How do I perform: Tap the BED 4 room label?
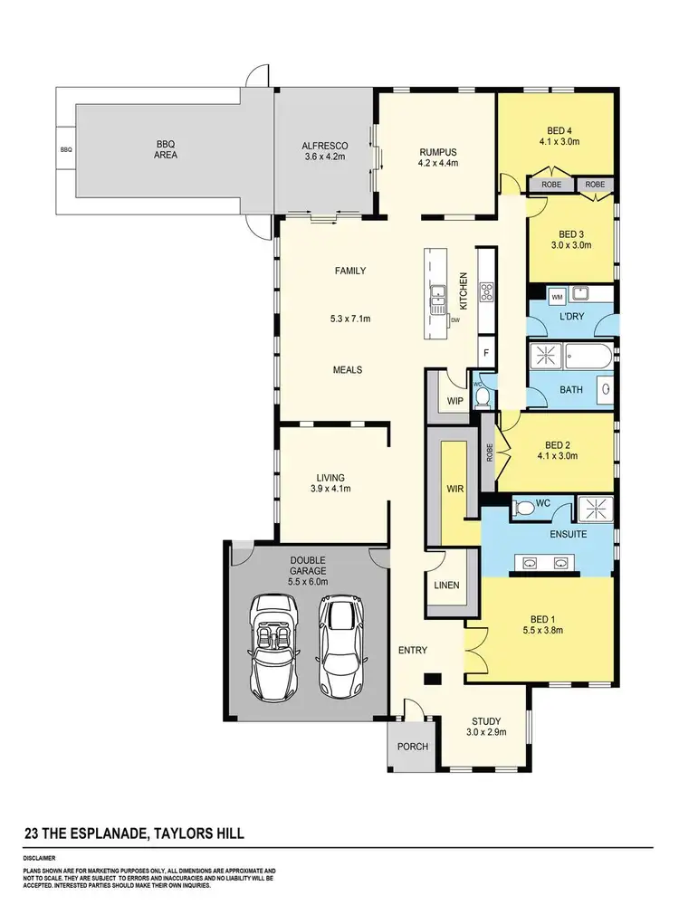tap(558, 130)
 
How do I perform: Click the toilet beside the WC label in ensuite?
tap(524, 510)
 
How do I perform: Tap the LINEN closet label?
tap(446, 585)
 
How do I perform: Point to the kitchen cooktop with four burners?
tap(486, 291)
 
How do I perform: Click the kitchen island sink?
tap(438, 291)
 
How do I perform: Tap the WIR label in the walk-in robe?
tap(454, 489)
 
